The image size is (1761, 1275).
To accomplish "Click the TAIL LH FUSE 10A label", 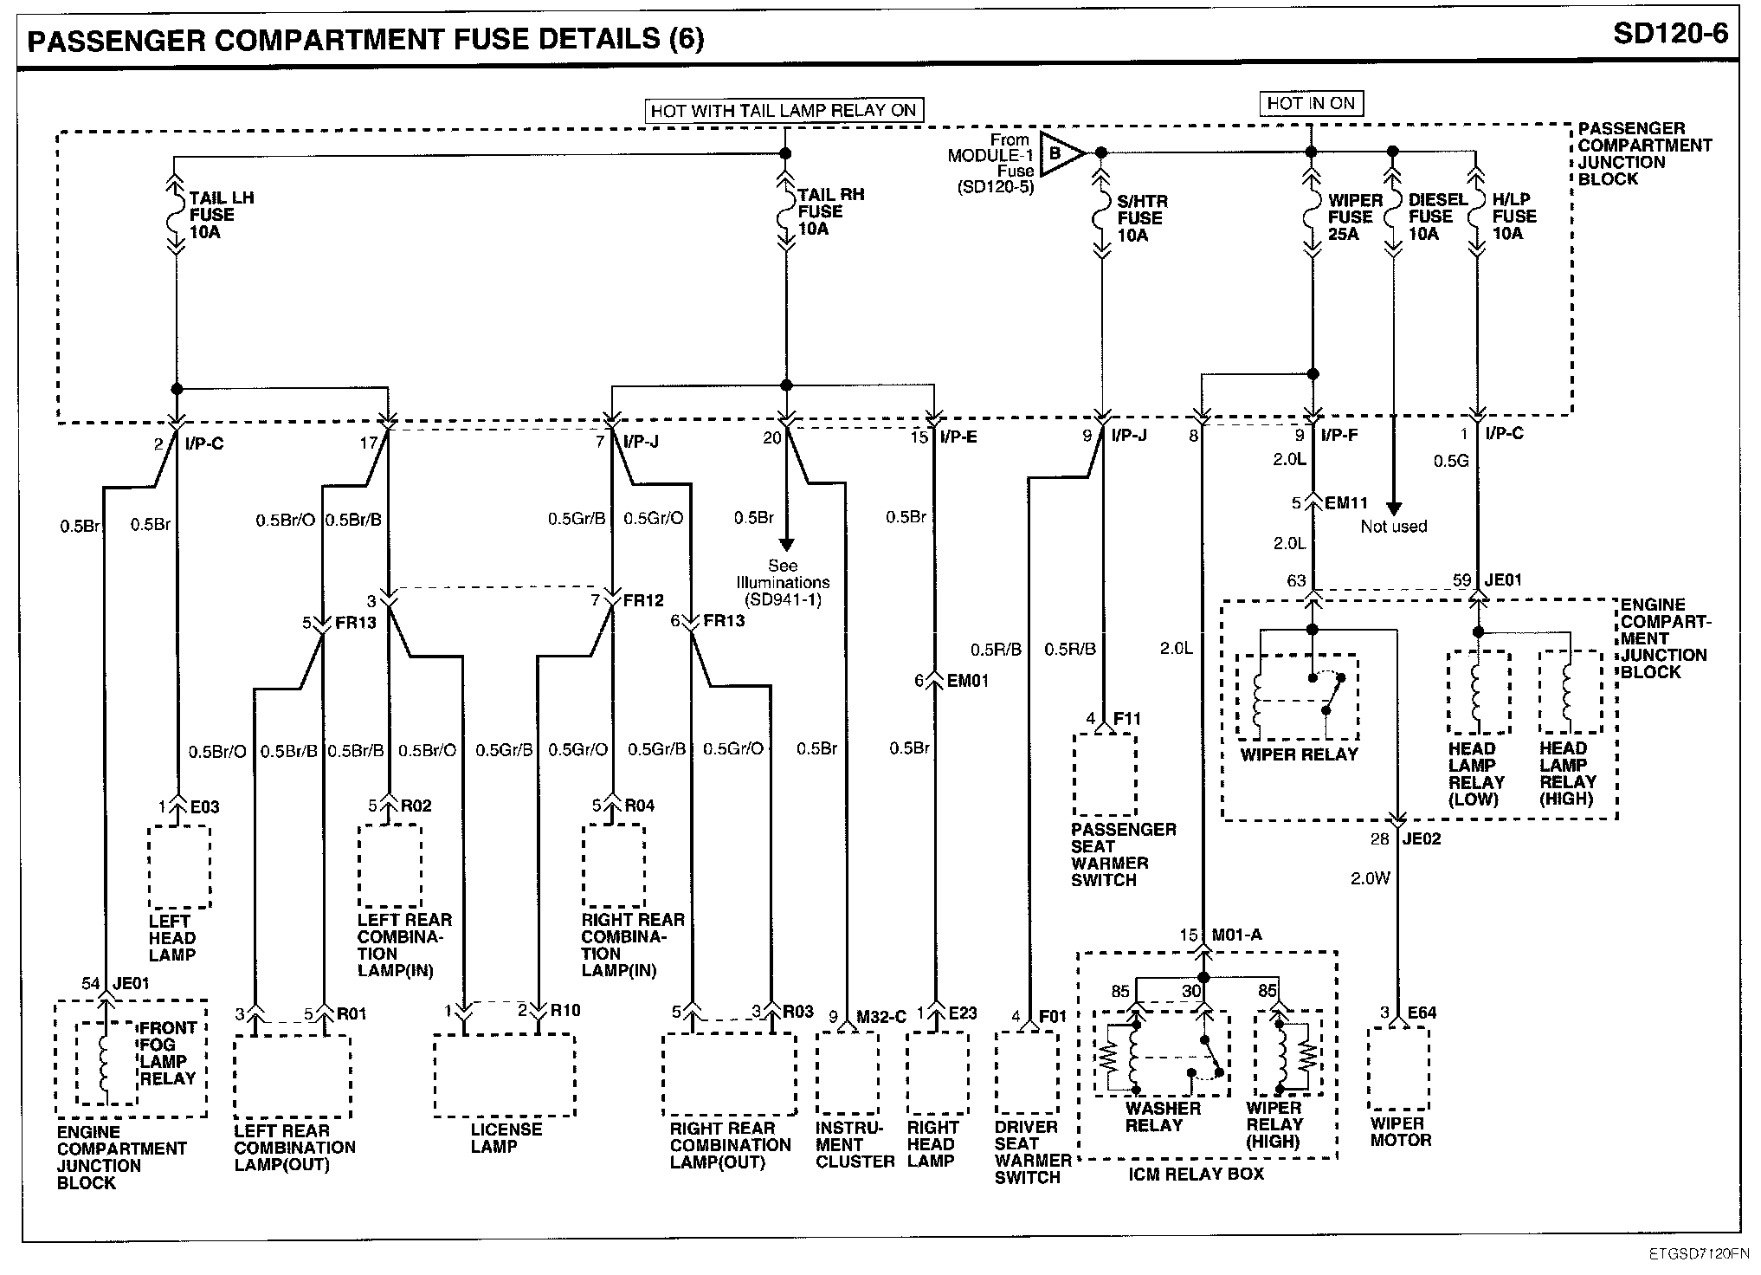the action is tap(222, 215).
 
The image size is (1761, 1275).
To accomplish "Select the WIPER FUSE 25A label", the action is tap(1356, 217).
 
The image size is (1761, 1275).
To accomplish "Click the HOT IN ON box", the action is tap(1311, 104).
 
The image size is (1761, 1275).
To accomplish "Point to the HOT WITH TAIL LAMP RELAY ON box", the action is tap(784, 111).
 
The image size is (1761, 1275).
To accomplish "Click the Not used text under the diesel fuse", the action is tap(1394, 527).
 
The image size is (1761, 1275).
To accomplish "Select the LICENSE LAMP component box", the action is tap(505, 1075).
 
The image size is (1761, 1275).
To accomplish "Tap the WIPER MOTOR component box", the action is tap(1398, 1068).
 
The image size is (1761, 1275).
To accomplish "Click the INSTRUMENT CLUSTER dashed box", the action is tap(848, 1072).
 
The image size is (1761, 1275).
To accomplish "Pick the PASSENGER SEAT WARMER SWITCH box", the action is tap(1105, 773).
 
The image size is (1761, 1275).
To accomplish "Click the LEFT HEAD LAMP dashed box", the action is tap(179, 866).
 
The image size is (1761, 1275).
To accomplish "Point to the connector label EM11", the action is tap(1346, 502).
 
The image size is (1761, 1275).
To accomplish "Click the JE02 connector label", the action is tap(1422, 838).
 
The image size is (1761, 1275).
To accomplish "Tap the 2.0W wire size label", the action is tap(1371, 878).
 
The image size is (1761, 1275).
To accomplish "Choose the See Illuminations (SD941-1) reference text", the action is tap(783, 582).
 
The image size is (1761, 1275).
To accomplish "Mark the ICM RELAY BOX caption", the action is tap(1196, 1175).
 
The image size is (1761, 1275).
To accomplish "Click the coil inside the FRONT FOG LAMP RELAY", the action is tap(106, 1064).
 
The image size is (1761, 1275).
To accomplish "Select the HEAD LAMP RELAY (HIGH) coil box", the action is tap(1570, 692).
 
